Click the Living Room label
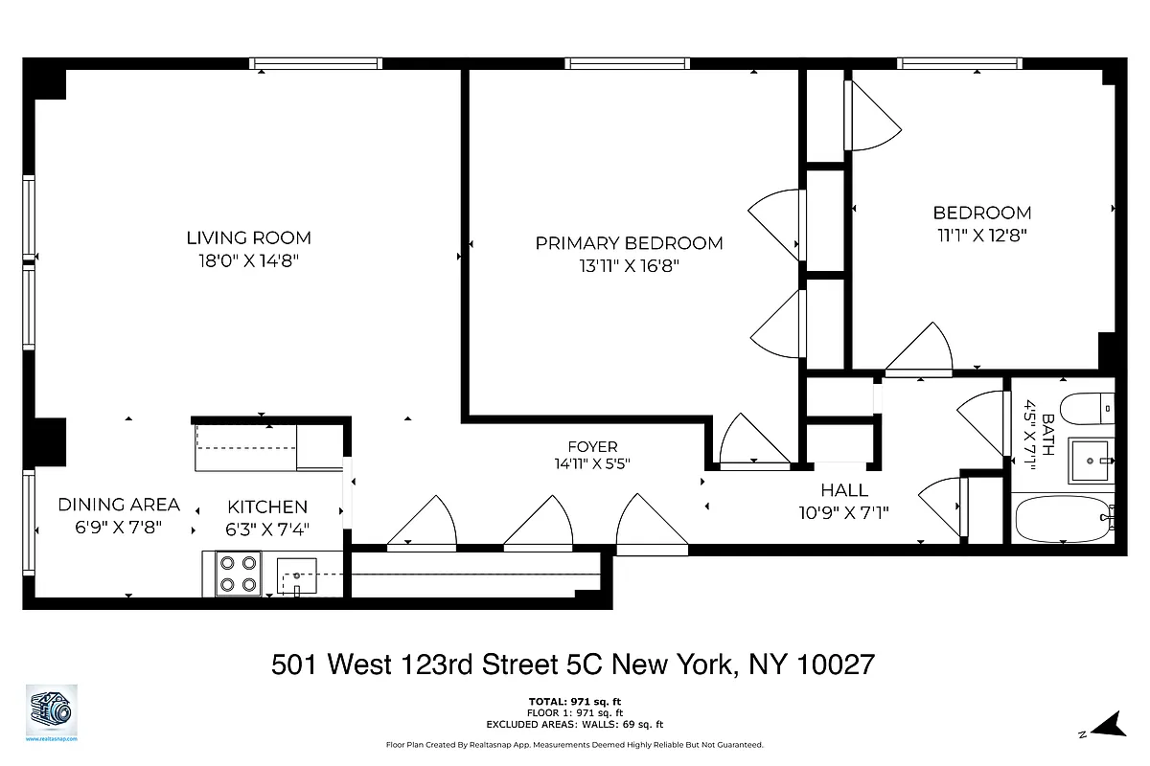click(x=248, y=237)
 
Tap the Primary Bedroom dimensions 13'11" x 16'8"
click(x=629, y=267)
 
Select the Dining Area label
click(x=119, y=505)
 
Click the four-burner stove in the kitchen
click(x=239, y=574)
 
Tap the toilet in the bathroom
click(x=1088, y=409)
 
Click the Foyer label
click(x=592, y=446)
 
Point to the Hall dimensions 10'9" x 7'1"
click(x=844, y=512)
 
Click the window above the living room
click(x=316, y=64)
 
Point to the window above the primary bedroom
click(x=628, y=64)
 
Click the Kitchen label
click(x=267, y=507)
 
